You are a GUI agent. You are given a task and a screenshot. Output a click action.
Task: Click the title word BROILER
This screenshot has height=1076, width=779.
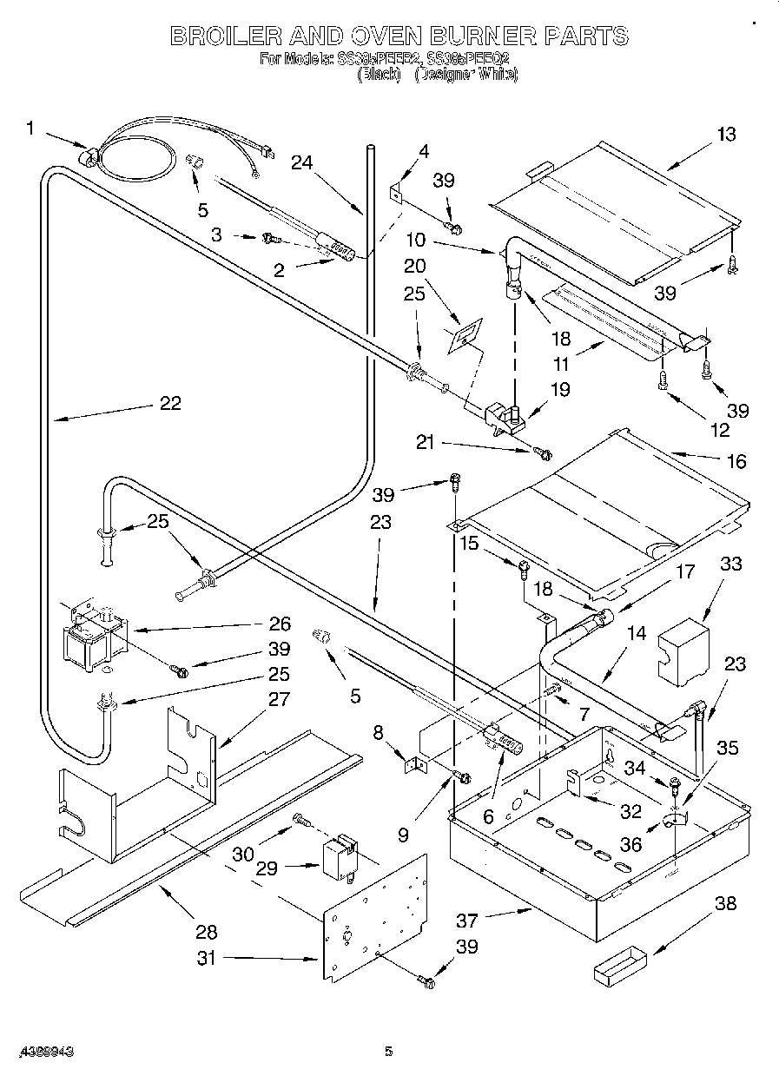[x=223, y=36]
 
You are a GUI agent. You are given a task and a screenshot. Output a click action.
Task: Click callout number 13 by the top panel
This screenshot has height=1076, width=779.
[x=725, y=134]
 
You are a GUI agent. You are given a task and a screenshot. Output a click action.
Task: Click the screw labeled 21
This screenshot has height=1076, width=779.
[x=544, y=452]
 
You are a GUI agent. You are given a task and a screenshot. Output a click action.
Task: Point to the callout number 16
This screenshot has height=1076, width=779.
[x=736, y=461]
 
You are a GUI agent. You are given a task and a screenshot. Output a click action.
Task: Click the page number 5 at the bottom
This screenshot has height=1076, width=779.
[x=389, y=1052]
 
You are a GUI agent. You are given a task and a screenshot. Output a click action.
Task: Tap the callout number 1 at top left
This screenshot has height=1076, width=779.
[x=30, y=129]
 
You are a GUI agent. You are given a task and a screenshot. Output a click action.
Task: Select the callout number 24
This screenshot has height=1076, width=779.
[x=301, y=162]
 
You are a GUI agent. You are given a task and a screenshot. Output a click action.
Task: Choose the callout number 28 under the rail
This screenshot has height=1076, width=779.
[x=206, y=932]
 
